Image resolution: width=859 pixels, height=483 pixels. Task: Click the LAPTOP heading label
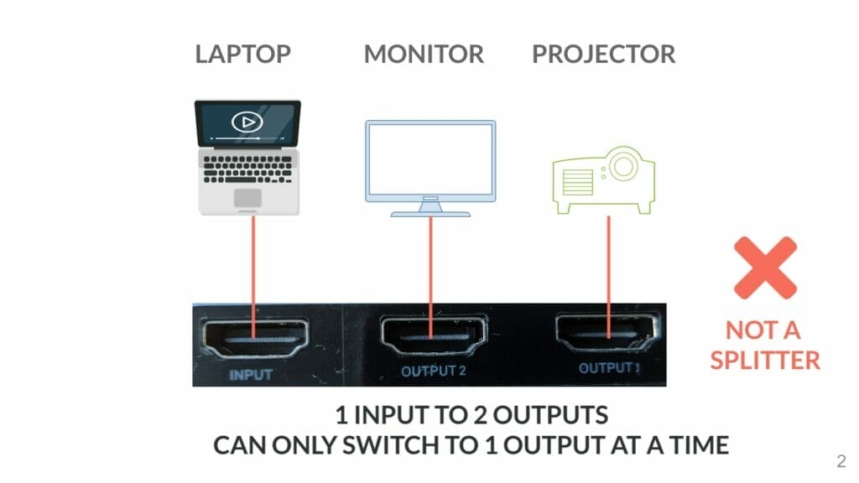click(242, 55)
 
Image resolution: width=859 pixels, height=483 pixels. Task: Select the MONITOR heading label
click(424, 55)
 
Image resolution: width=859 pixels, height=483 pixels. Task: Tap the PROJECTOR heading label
click(603, 55)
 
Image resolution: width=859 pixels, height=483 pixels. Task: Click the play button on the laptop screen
click(247, 122)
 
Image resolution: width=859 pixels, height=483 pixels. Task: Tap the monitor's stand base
click(430, 212)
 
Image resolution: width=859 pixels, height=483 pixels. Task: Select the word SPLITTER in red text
click(764, 360)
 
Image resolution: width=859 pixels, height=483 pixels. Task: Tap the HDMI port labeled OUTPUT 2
click(433, 336)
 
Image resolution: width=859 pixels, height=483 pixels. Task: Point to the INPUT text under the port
click(252, 374)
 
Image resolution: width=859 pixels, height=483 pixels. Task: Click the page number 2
click(841, 460)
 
